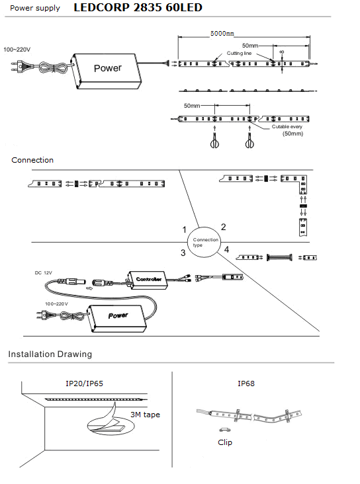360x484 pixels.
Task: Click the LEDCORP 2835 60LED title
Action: (x=138, y=7)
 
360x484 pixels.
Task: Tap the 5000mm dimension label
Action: (x=222, y=33)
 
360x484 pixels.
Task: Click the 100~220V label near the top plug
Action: (x=17, y=50)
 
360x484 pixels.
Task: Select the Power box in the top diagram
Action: (x=107, y=71)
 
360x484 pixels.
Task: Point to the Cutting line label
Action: (x=239, y=53)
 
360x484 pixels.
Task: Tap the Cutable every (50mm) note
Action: (x=287, y=130)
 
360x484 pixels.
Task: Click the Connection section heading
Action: (x=32, y=160)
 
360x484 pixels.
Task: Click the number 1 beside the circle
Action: (x=185, y=229)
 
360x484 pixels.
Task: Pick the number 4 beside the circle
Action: (x=226, y=249)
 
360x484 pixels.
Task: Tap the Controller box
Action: (x=147, y=280)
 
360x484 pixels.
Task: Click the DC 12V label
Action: (x=43, y=273)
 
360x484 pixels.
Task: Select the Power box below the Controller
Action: (x=116, y=318)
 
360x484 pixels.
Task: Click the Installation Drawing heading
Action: (x=50, y=354)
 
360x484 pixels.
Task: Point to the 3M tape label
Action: (x=145, y=415)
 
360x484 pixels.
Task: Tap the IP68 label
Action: (x=246, y=383)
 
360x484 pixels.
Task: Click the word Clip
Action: (x=225, y=442)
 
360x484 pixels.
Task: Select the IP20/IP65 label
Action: (x=84, y=383)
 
